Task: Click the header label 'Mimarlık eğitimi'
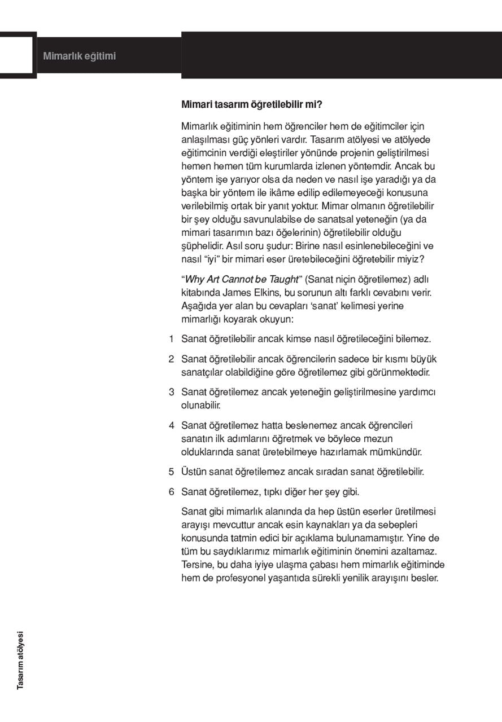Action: click(x=80, y=56)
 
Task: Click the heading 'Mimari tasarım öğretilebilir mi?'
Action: click(x=252, y=104)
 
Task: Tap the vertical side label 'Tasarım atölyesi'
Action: click(x=21, y=659)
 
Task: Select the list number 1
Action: click(x=171, y=339)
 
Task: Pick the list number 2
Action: click(x=171, y=359)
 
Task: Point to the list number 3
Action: click(x=171, y=391)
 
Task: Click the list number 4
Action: click(x=171, y=425)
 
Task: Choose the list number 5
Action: click(x=171, y=472)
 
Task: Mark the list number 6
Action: click(x=171, y=491)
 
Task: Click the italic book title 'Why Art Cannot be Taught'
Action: click(x=242, y=280)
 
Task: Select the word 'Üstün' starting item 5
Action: click(x=194, y=472)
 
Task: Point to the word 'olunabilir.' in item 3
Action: click(x=200, y=405)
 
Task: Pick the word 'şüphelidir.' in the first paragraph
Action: click(x=202, y=246)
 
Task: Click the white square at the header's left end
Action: click(x=18, y=54)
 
